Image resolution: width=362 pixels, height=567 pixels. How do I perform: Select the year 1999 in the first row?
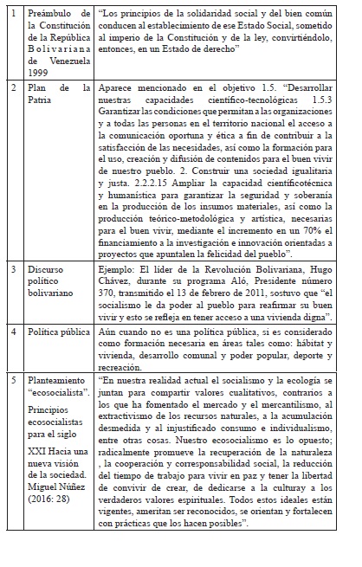[40, 72]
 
